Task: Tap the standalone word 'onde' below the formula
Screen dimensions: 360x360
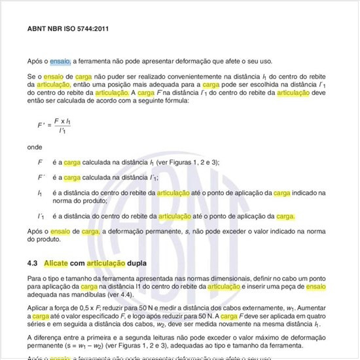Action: tap(35, 147)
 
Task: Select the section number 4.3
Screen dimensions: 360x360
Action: tap(33, 263)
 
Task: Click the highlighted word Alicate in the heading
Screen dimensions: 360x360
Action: tap(56, 263)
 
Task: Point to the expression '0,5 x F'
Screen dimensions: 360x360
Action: tap(94, 307)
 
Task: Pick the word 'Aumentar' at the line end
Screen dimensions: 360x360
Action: tap(309, 307)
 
